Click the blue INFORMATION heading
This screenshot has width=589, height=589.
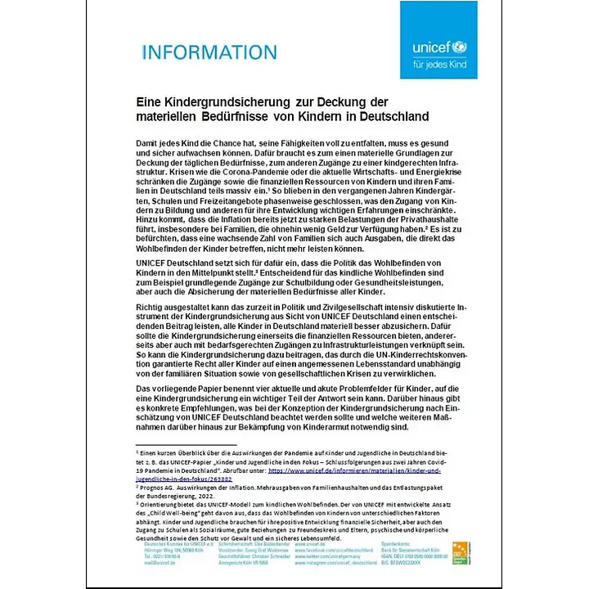point(209,52)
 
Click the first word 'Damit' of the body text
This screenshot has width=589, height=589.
point(148,143)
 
